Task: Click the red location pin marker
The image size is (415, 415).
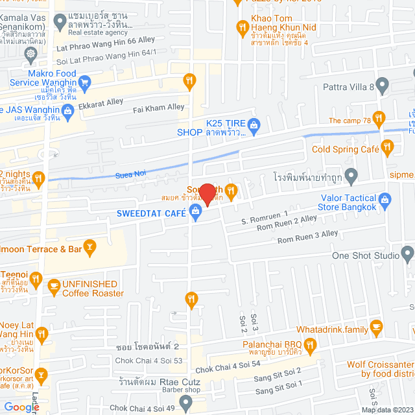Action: tap(207, 193)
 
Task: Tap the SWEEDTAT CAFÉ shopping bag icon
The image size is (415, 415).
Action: tap(195, 212)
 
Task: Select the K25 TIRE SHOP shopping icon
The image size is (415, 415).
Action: tap(254, 124)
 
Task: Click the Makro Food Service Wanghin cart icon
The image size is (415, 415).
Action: tap(84, 82)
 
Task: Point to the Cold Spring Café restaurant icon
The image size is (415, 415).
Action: tap(388, 148)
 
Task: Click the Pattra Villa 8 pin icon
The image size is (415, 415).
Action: tap(383, 84)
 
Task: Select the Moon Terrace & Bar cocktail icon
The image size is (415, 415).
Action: tap(90, 245)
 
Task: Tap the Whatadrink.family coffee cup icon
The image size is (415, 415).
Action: tap(375, 326)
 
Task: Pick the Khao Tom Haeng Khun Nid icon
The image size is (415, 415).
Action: tap(242, 27)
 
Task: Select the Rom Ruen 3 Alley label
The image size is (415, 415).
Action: tap(307, 238)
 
